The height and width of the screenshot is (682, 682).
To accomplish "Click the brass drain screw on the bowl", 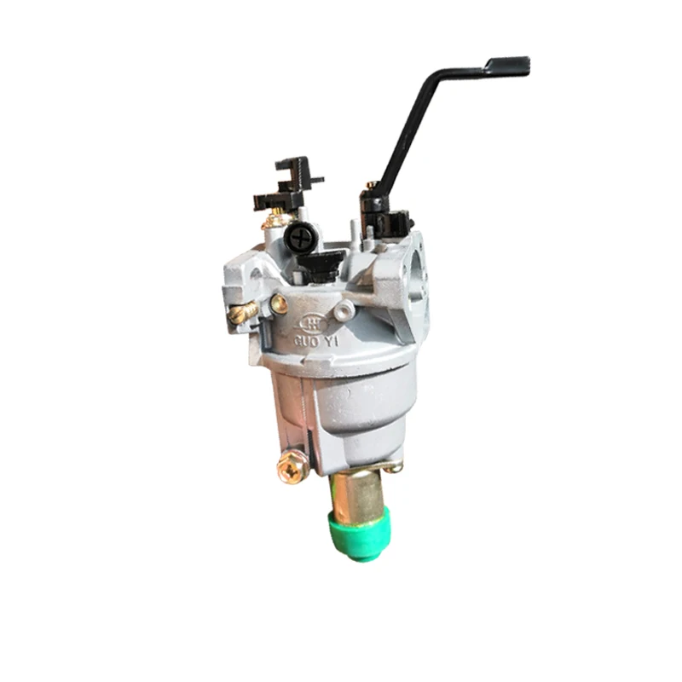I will [292, 466].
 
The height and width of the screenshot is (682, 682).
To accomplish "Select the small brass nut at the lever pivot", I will [371, 184].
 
